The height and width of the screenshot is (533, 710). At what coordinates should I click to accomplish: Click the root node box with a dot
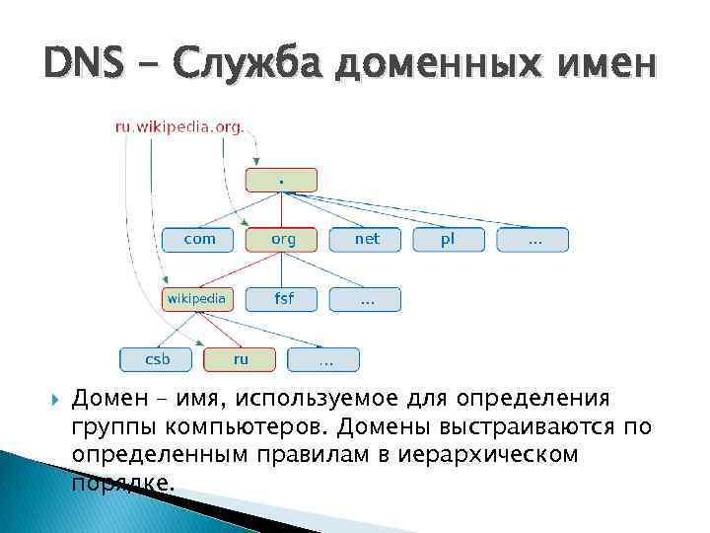(282, 180)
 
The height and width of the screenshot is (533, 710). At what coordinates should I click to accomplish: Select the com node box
(200, 239)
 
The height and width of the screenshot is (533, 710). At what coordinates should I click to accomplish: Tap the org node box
(282, 239)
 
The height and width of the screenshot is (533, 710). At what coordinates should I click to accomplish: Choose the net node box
(367, 239)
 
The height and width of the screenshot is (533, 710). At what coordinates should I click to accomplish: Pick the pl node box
(449, 239)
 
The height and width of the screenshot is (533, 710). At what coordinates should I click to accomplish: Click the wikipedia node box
(197, 298)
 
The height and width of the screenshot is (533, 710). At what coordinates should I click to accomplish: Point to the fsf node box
(282, 298)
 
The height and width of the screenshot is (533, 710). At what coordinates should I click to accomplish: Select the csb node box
(157, 359)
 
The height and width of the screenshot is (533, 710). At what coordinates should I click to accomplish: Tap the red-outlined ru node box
(240, 359)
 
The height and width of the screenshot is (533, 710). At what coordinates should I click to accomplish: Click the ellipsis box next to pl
(533, 239)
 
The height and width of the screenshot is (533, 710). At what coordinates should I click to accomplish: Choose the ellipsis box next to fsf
(367, 298)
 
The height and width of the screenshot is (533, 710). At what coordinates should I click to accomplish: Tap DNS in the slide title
(83, 65)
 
